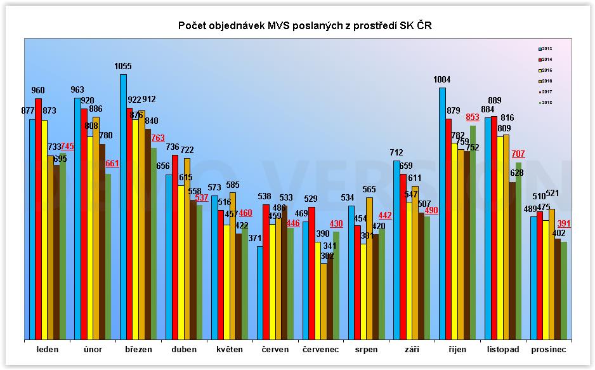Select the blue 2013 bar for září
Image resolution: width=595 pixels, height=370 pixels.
(396, 251)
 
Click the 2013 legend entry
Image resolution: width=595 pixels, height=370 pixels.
(545, 48)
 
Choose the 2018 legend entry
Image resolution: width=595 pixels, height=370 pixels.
(545, 102)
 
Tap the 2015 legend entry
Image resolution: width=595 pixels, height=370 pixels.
(545, 70)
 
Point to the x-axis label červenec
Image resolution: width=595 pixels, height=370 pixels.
(320, 350)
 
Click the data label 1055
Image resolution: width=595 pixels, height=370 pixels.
(124, 66)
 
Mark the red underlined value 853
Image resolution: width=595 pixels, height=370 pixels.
(473, 117)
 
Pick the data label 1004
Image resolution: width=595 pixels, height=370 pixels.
(442, 79)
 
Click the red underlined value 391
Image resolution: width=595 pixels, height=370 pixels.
(564, 224)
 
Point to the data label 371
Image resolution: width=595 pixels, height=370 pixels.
(256, 238)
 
